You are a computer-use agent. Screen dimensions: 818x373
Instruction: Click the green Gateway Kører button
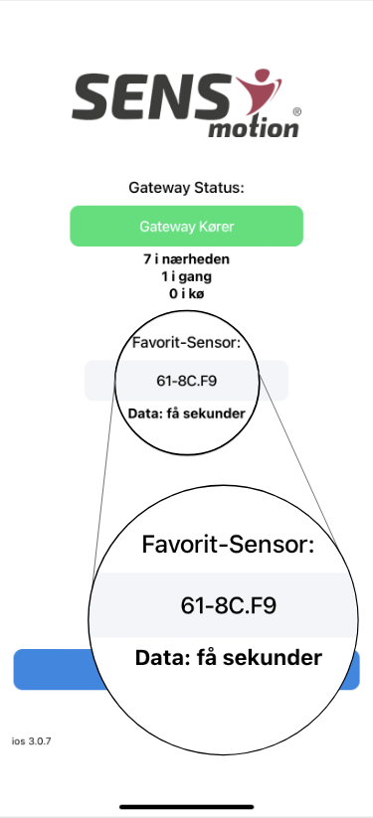pyautogui.click(x=186, y=226)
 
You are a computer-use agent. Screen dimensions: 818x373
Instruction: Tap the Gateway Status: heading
pyautogui.click(x=186, y=187)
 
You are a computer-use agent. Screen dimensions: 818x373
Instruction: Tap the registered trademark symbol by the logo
pyautogui.click(x=295, y=112)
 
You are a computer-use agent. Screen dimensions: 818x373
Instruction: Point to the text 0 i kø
pyautogui.click(x=186, y=292)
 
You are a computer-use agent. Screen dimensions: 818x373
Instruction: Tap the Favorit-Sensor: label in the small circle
pyautogui.click(x=186, y=345)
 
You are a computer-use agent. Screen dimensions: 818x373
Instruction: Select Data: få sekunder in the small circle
pyautogui.click(x=186, y=411)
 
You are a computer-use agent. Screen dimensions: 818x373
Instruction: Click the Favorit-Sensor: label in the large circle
pyautogui.click(x=228, y=545)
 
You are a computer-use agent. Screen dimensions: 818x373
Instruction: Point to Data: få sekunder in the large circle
pyautogui.click(x=228, y=658)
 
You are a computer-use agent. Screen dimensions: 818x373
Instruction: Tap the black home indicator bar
pyautogui.click(x=186, y=805)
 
